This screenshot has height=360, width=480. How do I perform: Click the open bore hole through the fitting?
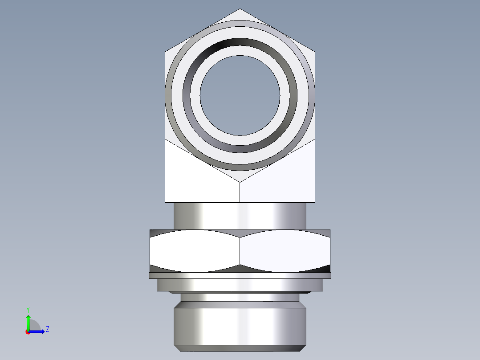[240, 95]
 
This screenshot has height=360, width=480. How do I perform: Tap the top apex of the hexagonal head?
[240, 9]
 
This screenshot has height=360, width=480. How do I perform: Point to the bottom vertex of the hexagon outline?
[240, 182]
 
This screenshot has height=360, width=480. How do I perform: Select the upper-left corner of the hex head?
[165, 52]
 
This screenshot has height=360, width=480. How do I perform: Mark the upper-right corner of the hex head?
[315, 52]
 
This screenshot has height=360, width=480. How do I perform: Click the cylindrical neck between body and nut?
[240, 216]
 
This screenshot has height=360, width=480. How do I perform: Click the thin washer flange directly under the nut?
[240, 276]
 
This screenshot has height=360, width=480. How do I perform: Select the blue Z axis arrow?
[37, 331]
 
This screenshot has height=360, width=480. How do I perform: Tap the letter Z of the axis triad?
[47, 329]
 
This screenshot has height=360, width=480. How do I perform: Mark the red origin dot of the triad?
[28, 332]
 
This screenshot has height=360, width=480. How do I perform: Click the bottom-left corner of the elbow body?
[165, 202]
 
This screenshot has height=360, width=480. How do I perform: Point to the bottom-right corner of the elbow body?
[315, 202]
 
